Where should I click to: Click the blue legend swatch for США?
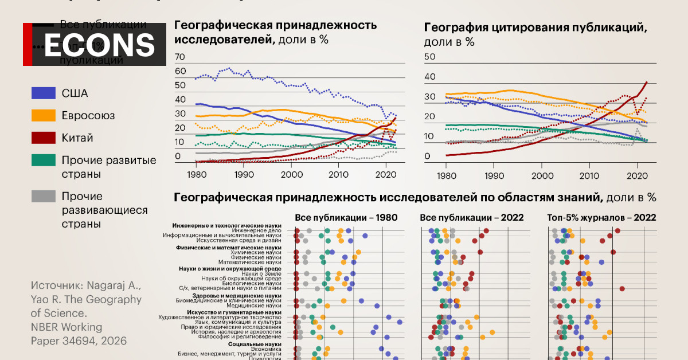coord(44,93)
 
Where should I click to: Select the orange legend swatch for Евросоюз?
coord(44,116)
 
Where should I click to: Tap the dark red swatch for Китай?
coord(44,138)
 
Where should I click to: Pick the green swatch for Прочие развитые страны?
coord(44,161)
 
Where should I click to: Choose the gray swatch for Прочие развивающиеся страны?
coord(44,197)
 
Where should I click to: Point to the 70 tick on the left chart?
coord(179,57)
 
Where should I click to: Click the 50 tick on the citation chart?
coord(429,56)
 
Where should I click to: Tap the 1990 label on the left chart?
coord(244,174)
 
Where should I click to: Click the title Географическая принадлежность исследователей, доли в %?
coord(275,33)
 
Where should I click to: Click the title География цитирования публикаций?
coord(535,28)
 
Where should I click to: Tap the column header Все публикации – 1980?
coord(346,218)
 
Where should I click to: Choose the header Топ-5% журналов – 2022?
coord(602,218)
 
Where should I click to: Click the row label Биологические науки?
coord(255,283)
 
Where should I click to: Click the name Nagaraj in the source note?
coord(110,285)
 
